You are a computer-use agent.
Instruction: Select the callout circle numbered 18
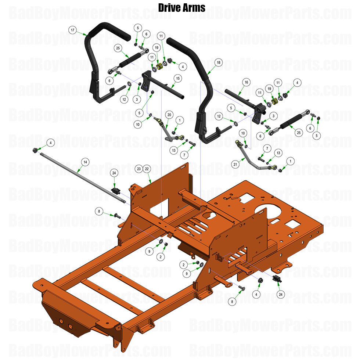[219, 63]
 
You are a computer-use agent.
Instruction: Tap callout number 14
[85, 162]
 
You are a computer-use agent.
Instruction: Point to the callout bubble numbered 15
[177, 78]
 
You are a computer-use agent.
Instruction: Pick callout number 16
[246, 82]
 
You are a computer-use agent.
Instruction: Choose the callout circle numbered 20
[169, 115]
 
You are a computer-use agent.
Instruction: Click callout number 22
[147, 169]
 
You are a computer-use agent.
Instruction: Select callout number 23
[138, 169]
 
